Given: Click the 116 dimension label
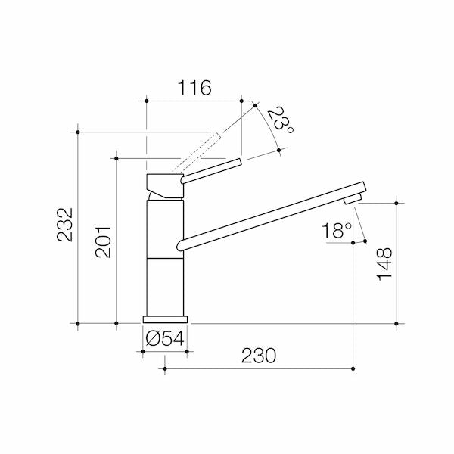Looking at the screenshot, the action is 194,88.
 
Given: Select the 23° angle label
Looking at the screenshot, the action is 280,120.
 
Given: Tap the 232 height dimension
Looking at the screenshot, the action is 64,225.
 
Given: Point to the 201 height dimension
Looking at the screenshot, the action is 103,242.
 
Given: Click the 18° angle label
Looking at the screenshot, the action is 337,230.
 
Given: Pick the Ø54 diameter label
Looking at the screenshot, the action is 165,338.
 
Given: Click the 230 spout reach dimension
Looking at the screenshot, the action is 259,356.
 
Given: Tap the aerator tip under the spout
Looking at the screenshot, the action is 353,199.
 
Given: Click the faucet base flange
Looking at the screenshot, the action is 165,319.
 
